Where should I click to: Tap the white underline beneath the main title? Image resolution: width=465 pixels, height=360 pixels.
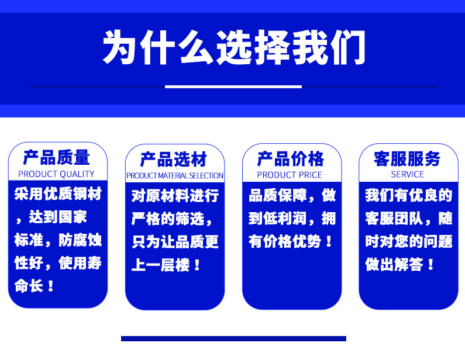coord(233,87)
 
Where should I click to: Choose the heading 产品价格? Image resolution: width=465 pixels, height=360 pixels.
coord(291,159)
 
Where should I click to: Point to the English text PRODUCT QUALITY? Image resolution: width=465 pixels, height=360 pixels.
coord(56,174)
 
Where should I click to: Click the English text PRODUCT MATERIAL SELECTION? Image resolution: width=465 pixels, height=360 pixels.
coord(174,176)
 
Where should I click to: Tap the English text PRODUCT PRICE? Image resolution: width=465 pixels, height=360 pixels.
coord(290,175)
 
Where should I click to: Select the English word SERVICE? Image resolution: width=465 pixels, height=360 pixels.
coord(407,174)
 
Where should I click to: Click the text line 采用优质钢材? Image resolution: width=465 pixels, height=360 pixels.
coord(57,195)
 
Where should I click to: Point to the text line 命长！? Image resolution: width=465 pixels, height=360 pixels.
coord(35,286)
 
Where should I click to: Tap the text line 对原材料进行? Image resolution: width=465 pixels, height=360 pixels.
coord(175,196)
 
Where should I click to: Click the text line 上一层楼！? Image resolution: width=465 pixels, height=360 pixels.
coord(167,265)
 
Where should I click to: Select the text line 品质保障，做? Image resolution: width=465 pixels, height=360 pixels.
coord(292,195)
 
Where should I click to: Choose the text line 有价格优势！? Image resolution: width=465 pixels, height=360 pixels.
coord(292,241)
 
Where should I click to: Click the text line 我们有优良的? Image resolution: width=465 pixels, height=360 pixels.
coord(408,195)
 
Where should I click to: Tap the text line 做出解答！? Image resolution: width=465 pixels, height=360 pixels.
coord(401,264)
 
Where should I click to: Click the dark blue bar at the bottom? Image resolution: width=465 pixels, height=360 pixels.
coord(233,338)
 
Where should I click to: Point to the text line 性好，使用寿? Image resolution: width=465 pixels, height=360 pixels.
coord(57,264)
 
